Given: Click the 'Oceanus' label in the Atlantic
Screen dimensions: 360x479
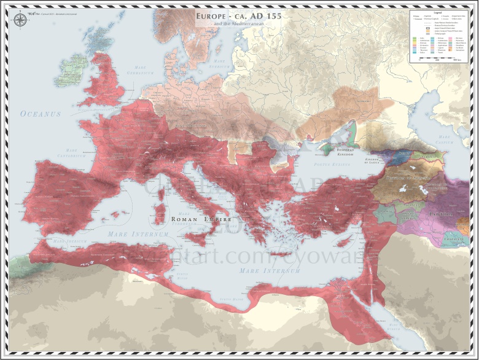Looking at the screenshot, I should coord(41,114).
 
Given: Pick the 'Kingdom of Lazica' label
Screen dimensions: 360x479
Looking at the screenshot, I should coord(375,160).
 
